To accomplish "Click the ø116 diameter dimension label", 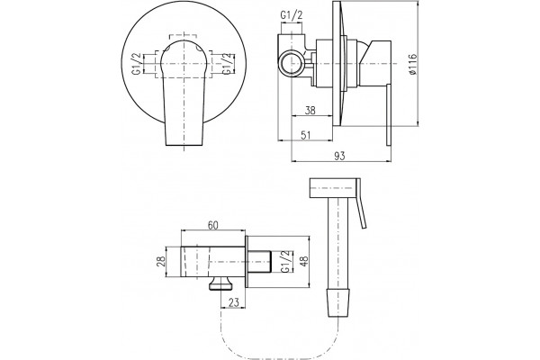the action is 412,64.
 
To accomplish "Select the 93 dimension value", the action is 339,156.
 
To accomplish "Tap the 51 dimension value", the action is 306,135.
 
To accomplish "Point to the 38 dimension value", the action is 310,110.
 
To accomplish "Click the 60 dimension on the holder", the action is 212,225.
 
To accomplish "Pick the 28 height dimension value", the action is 160,261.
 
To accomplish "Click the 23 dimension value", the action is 233,302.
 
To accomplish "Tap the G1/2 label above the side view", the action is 292,15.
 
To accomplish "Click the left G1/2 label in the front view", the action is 137,64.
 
